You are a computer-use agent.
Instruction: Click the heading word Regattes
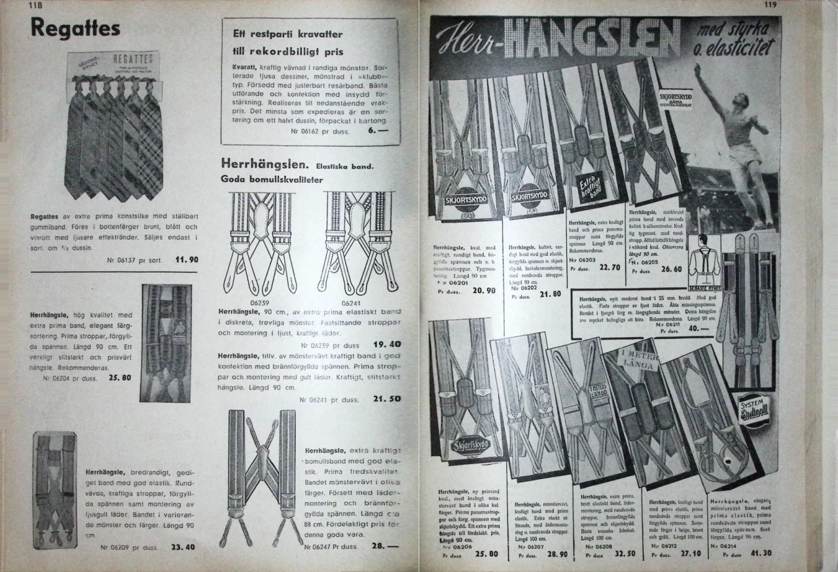[x=75, y=28]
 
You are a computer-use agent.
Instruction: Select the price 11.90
[x=187, y=260]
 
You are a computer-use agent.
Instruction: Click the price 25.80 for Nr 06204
[x=118, y=378]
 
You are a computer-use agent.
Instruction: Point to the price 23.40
[x=183, y=547]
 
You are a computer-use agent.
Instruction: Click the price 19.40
[x=387, y=344]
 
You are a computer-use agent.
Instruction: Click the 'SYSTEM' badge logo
[x=753, y=410]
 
